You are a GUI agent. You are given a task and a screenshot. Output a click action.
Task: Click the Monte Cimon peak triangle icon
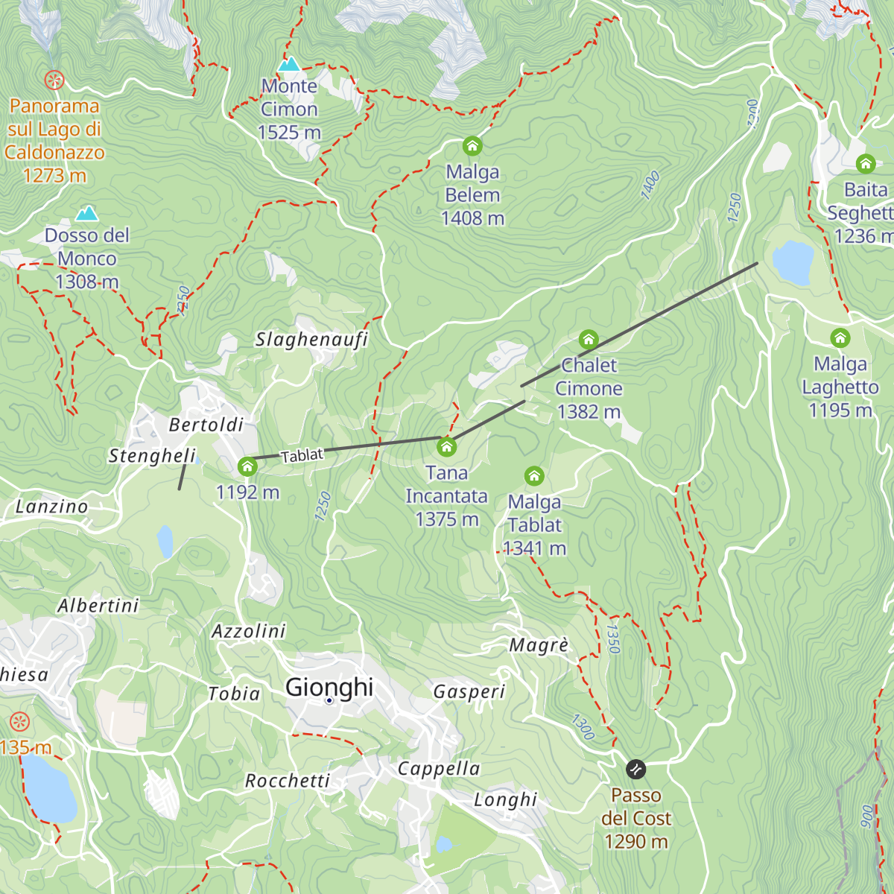click(x=288, y=65)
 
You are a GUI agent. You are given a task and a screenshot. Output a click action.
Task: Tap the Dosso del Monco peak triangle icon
click(x=87, y=215)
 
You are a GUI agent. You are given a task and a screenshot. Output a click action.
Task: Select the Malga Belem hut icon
click(x=472, y=145)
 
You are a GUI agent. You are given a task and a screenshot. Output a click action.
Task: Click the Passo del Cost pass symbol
click(x=635, y=768)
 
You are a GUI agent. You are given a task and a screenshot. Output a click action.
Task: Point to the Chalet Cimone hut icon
click(x=589, y=340)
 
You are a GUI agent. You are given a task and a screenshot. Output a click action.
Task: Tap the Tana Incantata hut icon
click(x=446, y=446)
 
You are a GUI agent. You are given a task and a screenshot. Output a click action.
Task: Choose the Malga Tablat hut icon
click(x=534, y=475)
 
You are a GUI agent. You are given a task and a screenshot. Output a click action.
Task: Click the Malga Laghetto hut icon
click(x=840, y=337)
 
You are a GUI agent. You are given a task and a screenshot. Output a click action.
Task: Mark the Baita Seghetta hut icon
click(x=865, y=163)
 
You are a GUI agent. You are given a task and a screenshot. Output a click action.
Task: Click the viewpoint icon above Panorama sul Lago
click(x=54, y=80)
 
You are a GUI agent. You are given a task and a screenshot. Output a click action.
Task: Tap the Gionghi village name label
click(x=329, y=687)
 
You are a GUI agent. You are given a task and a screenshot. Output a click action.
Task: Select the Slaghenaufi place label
click(x=311, y=340)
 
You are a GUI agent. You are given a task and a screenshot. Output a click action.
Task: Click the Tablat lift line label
click(x=302, y=455)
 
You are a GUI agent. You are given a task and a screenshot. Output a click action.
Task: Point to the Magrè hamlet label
click(x=539, y=645)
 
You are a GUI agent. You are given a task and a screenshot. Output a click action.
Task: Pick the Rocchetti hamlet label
click(x=288, y=781)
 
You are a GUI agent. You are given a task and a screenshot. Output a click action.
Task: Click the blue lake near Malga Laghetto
click(x=793, y=262)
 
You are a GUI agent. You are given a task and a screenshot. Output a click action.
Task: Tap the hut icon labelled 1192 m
click(x=247, y=467)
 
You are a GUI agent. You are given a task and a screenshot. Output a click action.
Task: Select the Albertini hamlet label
click(x=98, y=606)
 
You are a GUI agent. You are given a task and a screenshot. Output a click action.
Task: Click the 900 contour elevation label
click(x=866, y=816)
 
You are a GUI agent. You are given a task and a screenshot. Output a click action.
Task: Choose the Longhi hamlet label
click(x=506, y=800)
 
